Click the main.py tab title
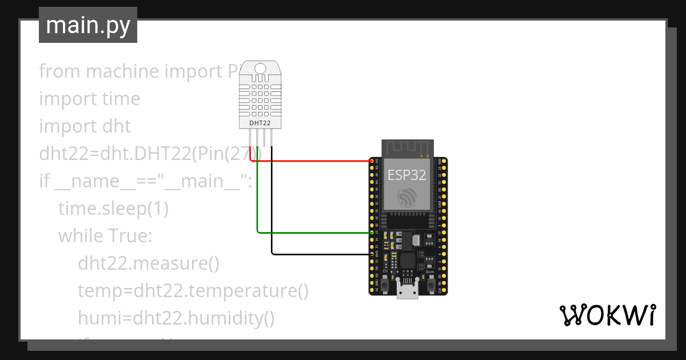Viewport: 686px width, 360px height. [87, 25]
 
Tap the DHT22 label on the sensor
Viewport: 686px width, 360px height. [260, 123]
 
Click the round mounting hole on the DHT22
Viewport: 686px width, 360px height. [260, 69]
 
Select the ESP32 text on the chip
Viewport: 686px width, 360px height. [407, 175]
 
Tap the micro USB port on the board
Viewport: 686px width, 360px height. [408, 292]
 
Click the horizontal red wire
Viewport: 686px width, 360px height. [314, 161]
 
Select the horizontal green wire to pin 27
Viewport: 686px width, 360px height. [314, 233]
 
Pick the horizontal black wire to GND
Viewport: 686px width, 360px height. [320, 254]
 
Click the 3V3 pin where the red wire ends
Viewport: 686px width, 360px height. [372, 162]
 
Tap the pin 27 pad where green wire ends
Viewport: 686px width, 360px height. [372, 233]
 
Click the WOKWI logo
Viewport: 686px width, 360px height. [607, 315]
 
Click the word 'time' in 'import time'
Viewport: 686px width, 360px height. [121, 99]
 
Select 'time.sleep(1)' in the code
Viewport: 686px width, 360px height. [113, 209]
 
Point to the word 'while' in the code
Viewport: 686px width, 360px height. [78, 236]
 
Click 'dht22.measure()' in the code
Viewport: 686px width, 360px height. [149, 263]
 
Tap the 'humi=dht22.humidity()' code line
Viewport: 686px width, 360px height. [176, 318]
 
